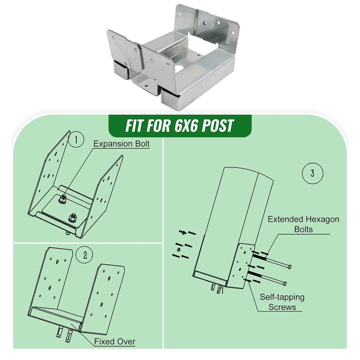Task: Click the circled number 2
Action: tap(85, 255)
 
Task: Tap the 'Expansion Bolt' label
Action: tap(121, 144)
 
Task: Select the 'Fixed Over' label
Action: tap(115, 341)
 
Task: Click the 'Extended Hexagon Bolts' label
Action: tap(303, 224)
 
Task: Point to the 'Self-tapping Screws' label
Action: tap(282, 302)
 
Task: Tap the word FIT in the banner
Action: tap(136, 126)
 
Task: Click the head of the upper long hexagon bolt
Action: tap(289, 266)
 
